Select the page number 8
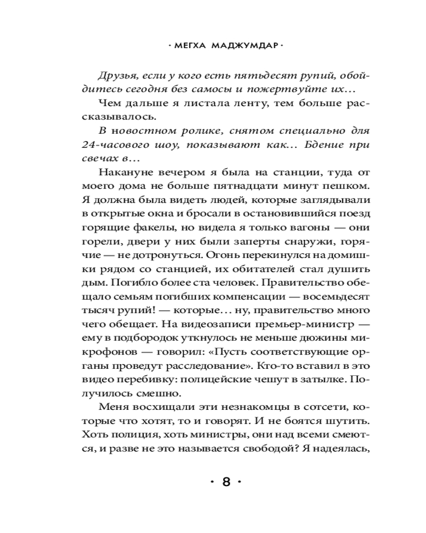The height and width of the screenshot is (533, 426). click(226, 483)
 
